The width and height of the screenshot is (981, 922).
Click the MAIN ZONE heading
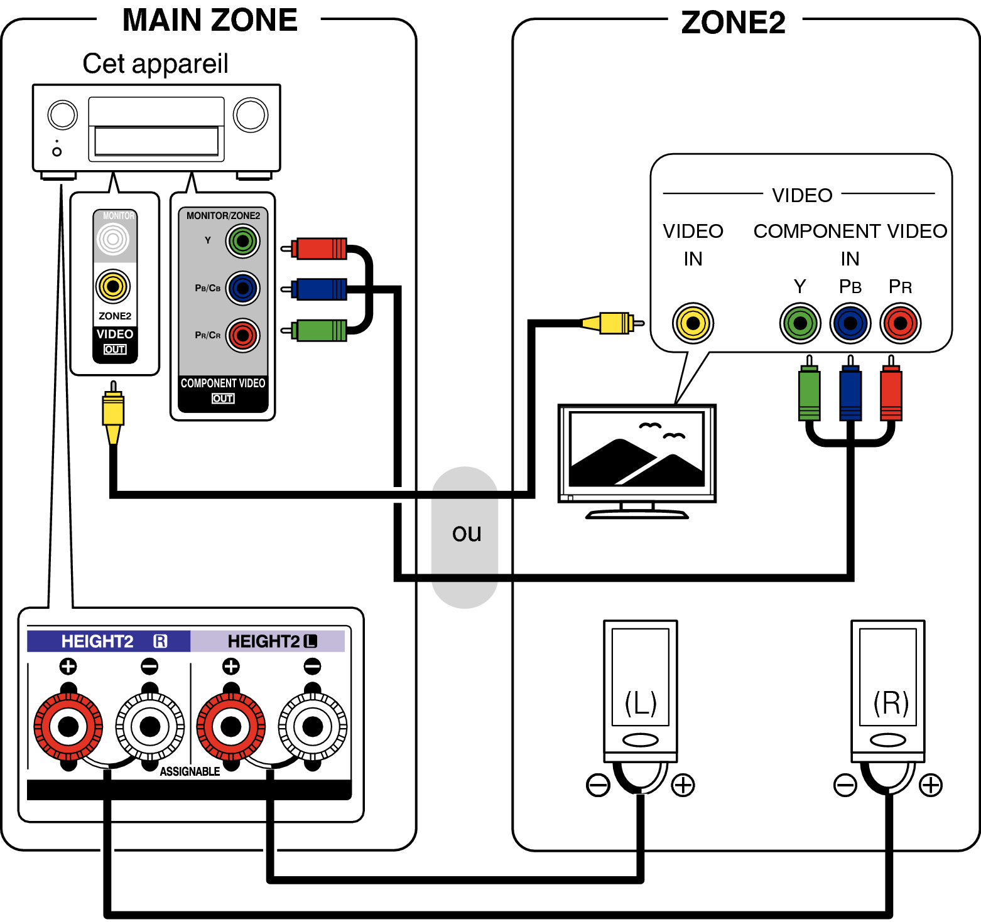tap(210, 20)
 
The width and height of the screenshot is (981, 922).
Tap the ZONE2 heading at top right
tap(733, 23)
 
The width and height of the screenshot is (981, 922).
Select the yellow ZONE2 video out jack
tap(113, 286)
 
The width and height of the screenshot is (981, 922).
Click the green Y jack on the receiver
tap(242, 241)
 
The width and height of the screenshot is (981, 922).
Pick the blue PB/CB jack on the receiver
tap(242, 288)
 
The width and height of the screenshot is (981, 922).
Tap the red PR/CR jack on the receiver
tap(242, 335)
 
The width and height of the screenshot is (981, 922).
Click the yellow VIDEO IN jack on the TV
tap(693, 323)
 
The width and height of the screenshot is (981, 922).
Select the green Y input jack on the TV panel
tap(800, 323)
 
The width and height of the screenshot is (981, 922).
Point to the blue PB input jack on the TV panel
tap(850, 323)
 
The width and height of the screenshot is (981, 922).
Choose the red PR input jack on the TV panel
tap(900, 323)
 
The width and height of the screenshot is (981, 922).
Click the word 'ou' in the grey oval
tap(467, 533)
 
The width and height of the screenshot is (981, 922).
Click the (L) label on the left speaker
tap(641, 702)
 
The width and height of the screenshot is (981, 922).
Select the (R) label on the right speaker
tap(891, 702)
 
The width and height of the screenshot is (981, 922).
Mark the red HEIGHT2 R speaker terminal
tap(68, 726)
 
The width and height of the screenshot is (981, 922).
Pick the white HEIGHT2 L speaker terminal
tap(312, 726)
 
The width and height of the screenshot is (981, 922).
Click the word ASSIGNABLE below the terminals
tap(190, 771)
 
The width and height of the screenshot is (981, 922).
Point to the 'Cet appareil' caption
tap(155, 63)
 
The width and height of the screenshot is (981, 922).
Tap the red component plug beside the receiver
tap(320, 249)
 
